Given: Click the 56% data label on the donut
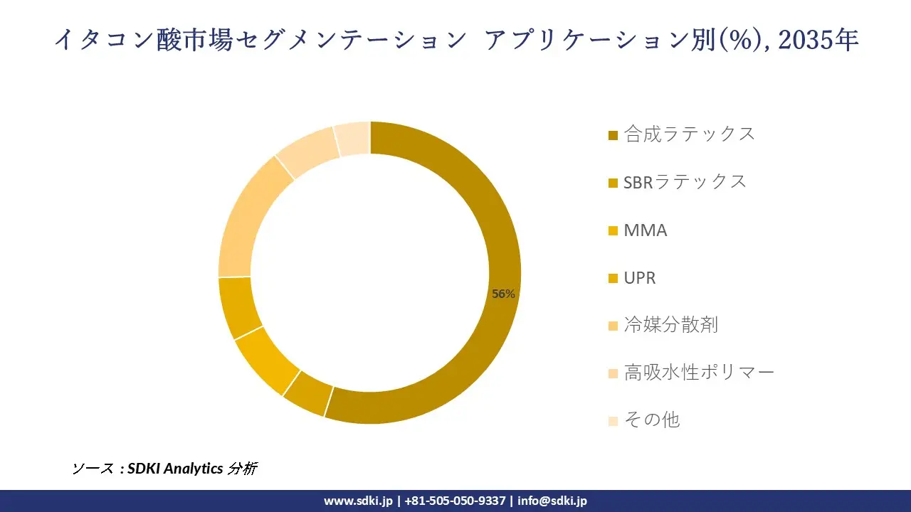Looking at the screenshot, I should pyautogui.click(x=503, y=294).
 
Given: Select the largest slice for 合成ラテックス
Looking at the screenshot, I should pyautogui.click(x=491, y=213).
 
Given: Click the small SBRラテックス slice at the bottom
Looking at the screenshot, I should pyautogui.click(x=307, y=393).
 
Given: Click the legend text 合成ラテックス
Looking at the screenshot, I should pyautogui.click(x=689, y=134).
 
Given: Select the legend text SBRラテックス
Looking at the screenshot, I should pyautogui.click(x=685, y=181).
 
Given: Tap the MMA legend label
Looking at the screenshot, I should pyautogui.click(x=645, y=230).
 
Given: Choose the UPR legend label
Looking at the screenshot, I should pyautogui.click(x=639, y=277).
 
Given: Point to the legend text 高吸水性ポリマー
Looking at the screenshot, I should pyautogui.click(x=699, y=372).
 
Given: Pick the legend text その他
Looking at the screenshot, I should pyautogui.click(x=651, y=420).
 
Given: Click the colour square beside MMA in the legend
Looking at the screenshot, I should pyautogui.click(x=613, y=231).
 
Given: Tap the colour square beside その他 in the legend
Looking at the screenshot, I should pyautogui.click(x=613, y=421).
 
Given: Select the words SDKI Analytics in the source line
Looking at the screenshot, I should pyautogui.click(x=174, y=469).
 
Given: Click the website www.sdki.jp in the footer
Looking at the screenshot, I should pyautogui.click(x=358, y=501).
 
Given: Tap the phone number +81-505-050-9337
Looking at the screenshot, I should pyautogui.click(x=455, y=501).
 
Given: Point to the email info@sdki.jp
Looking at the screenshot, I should pyautogui.click(x=552, y=501).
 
